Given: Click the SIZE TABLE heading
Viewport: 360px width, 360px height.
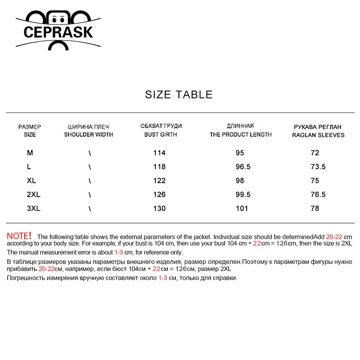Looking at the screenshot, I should coord(179,94).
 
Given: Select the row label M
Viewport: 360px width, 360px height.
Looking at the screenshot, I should coord(30,153).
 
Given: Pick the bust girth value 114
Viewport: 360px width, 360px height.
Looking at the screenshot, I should coord(159,153).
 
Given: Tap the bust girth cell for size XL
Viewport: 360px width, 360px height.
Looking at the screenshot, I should coord(159,181).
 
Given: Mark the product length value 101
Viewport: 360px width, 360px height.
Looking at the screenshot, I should coord(242,208).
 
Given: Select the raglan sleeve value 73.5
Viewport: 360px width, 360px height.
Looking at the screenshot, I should coord(318,167).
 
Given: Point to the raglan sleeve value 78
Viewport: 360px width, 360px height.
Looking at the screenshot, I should coord(315,208).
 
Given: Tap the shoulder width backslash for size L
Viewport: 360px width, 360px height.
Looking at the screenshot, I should coord(90,167).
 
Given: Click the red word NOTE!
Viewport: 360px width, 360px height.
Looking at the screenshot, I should coord(19,236).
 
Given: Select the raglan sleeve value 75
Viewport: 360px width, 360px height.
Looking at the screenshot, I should coord(315,181).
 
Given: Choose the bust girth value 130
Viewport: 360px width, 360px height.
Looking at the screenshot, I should coord(159,208).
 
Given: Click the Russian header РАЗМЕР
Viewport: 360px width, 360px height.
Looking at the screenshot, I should coord(30,127).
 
